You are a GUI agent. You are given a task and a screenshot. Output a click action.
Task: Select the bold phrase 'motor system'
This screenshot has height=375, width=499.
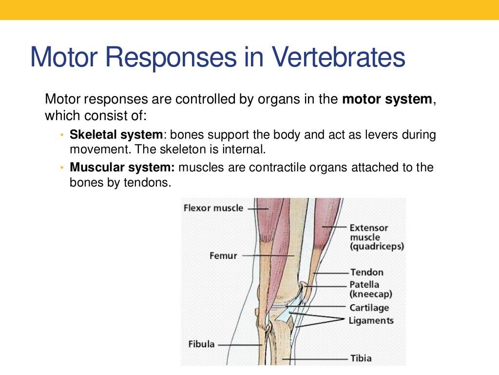coord(387,99)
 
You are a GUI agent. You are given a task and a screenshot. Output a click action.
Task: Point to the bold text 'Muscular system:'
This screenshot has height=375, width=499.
coord(122,167)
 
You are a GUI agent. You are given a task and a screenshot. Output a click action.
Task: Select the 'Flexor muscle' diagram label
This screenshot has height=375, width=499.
coord(213,208)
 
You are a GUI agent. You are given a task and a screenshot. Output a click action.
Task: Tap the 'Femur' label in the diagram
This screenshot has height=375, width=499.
coord(223,255)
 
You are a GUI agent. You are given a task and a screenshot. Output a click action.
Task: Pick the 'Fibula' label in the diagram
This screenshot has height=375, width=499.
coord(201,344)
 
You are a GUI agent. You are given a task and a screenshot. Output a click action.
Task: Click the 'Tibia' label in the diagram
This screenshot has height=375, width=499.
coord(361,358)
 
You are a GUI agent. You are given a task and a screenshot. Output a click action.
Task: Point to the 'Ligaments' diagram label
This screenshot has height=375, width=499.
coord(371,321)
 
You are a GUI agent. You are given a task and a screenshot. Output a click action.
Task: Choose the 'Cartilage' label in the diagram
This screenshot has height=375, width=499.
coord(369,308)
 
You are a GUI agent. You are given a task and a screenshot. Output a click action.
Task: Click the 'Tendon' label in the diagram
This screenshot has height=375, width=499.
coord(366,272)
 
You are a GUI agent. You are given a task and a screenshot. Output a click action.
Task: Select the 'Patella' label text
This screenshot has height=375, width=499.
coord(364,284)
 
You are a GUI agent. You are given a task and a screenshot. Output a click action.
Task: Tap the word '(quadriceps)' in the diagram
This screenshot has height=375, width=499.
coord(377,247)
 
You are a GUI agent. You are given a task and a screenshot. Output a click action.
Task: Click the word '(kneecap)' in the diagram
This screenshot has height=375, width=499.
coord(371,294)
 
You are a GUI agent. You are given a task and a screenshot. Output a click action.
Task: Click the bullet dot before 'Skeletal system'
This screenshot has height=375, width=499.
coord(62,135)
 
